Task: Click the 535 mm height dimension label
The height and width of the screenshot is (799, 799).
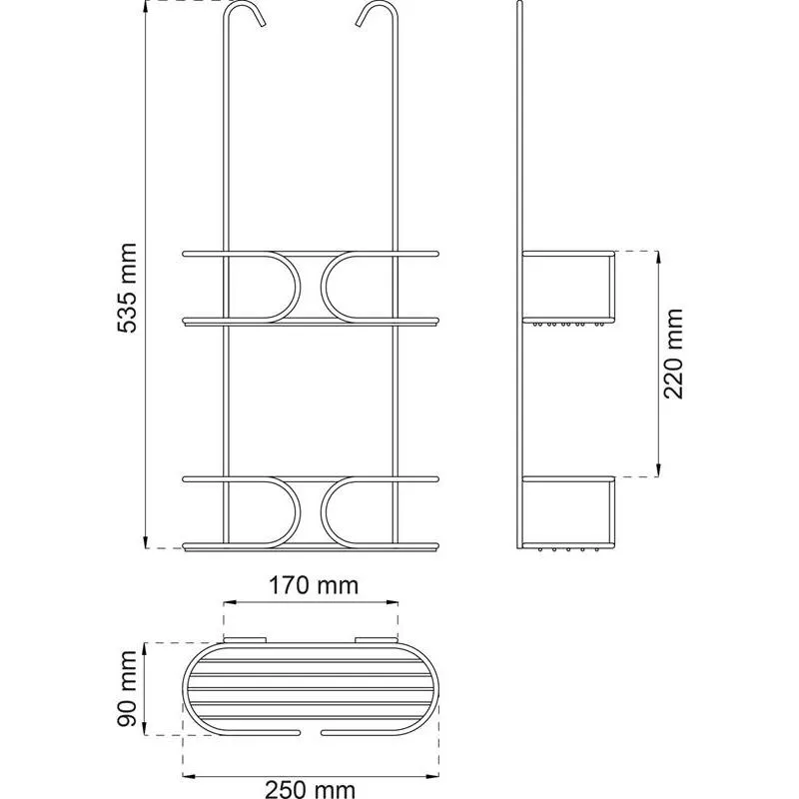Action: pos(128,288)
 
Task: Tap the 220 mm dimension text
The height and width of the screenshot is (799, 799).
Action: pos(673,354)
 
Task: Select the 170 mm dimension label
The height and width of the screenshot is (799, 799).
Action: pos(314,585)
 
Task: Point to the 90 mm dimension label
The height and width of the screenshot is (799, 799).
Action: pos(128,688)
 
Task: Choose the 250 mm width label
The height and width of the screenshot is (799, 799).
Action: pos(310,790)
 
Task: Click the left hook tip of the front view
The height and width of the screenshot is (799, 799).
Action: pos(263,23)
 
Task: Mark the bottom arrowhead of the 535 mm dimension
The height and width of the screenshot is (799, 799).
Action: pos(146,542)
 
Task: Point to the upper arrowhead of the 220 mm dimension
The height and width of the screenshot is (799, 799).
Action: pos(658,257)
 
